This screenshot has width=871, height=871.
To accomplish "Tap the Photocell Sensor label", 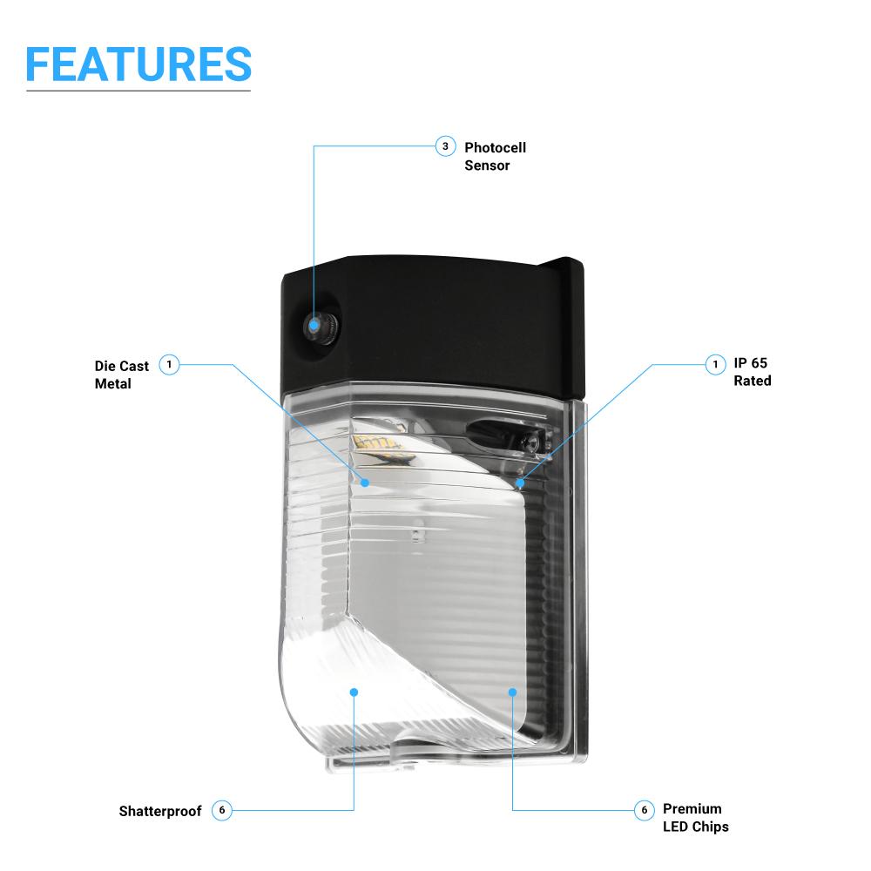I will (x=495, y=156).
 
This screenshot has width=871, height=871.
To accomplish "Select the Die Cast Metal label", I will (x=122, y=375).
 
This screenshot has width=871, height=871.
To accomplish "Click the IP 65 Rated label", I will (x=752, y=372).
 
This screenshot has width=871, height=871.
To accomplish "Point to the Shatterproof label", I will (x=160, y=811).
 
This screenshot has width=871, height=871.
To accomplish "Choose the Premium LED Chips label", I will (x=695, y=818).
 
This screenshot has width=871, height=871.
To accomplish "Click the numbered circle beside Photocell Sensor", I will (x=445, y=146).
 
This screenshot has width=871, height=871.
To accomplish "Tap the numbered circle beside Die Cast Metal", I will (x=170, y=364).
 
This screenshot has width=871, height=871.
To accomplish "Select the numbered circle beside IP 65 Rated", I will (x=715, y=363).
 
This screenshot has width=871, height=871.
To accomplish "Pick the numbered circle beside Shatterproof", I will (x=222, y=810).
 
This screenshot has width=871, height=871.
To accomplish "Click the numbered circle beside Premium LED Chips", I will (x=644, y=810).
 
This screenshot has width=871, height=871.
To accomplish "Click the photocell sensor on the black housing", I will (x=313, y=326).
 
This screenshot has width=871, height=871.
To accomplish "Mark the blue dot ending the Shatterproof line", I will (x=354, y=692).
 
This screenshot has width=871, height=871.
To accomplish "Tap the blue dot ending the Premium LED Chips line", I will (x=513, y=692).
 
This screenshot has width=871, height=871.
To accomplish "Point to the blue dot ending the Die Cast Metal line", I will (x=365, y=482).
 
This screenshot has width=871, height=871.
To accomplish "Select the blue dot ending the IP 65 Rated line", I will (x=520, y=482).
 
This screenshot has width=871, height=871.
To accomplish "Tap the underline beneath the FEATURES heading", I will (x=138, y=91).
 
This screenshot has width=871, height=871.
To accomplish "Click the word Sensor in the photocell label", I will (x=487, y=165).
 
